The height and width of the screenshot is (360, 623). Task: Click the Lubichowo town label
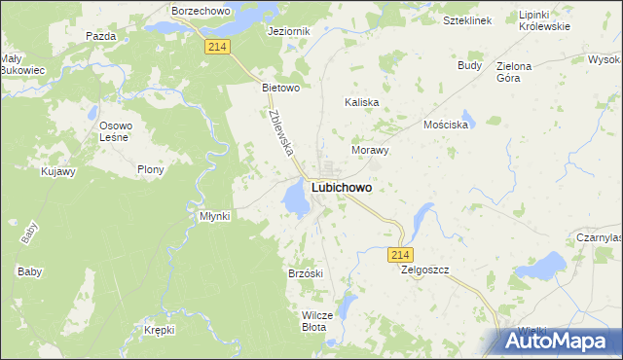(x=341, y=188)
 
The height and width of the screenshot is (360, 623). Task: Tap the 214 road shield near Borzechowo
(x=217, y=46)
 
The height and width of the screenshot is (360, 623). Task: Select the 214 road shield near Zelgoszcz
(x=399, y=254)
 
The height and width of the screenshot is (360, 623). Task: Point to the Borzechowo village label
(x=200, y=10)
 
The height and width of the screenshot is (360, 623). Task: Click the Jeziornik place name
(x=288, y=31)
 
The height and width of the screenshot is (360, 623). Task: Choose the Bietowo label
(x=280, y=87)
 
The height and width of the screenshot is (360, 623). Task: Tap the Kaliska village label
(x=362, y=101)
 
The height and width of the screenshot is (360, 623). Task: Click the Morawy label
(x=370, y=151)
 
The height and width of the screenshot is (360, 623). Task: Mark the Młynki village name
(x=214, y=216)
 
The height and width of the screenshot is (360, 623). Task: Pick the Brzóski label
(x=305, y=273)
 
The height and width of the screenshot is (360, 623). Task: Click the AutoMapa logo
(x=559, y=342)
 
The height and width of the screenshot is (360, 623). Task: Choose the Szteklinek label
(x=465, y=19)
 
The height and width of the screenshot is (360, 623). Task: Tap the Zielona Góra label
(x=514, y=73)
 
